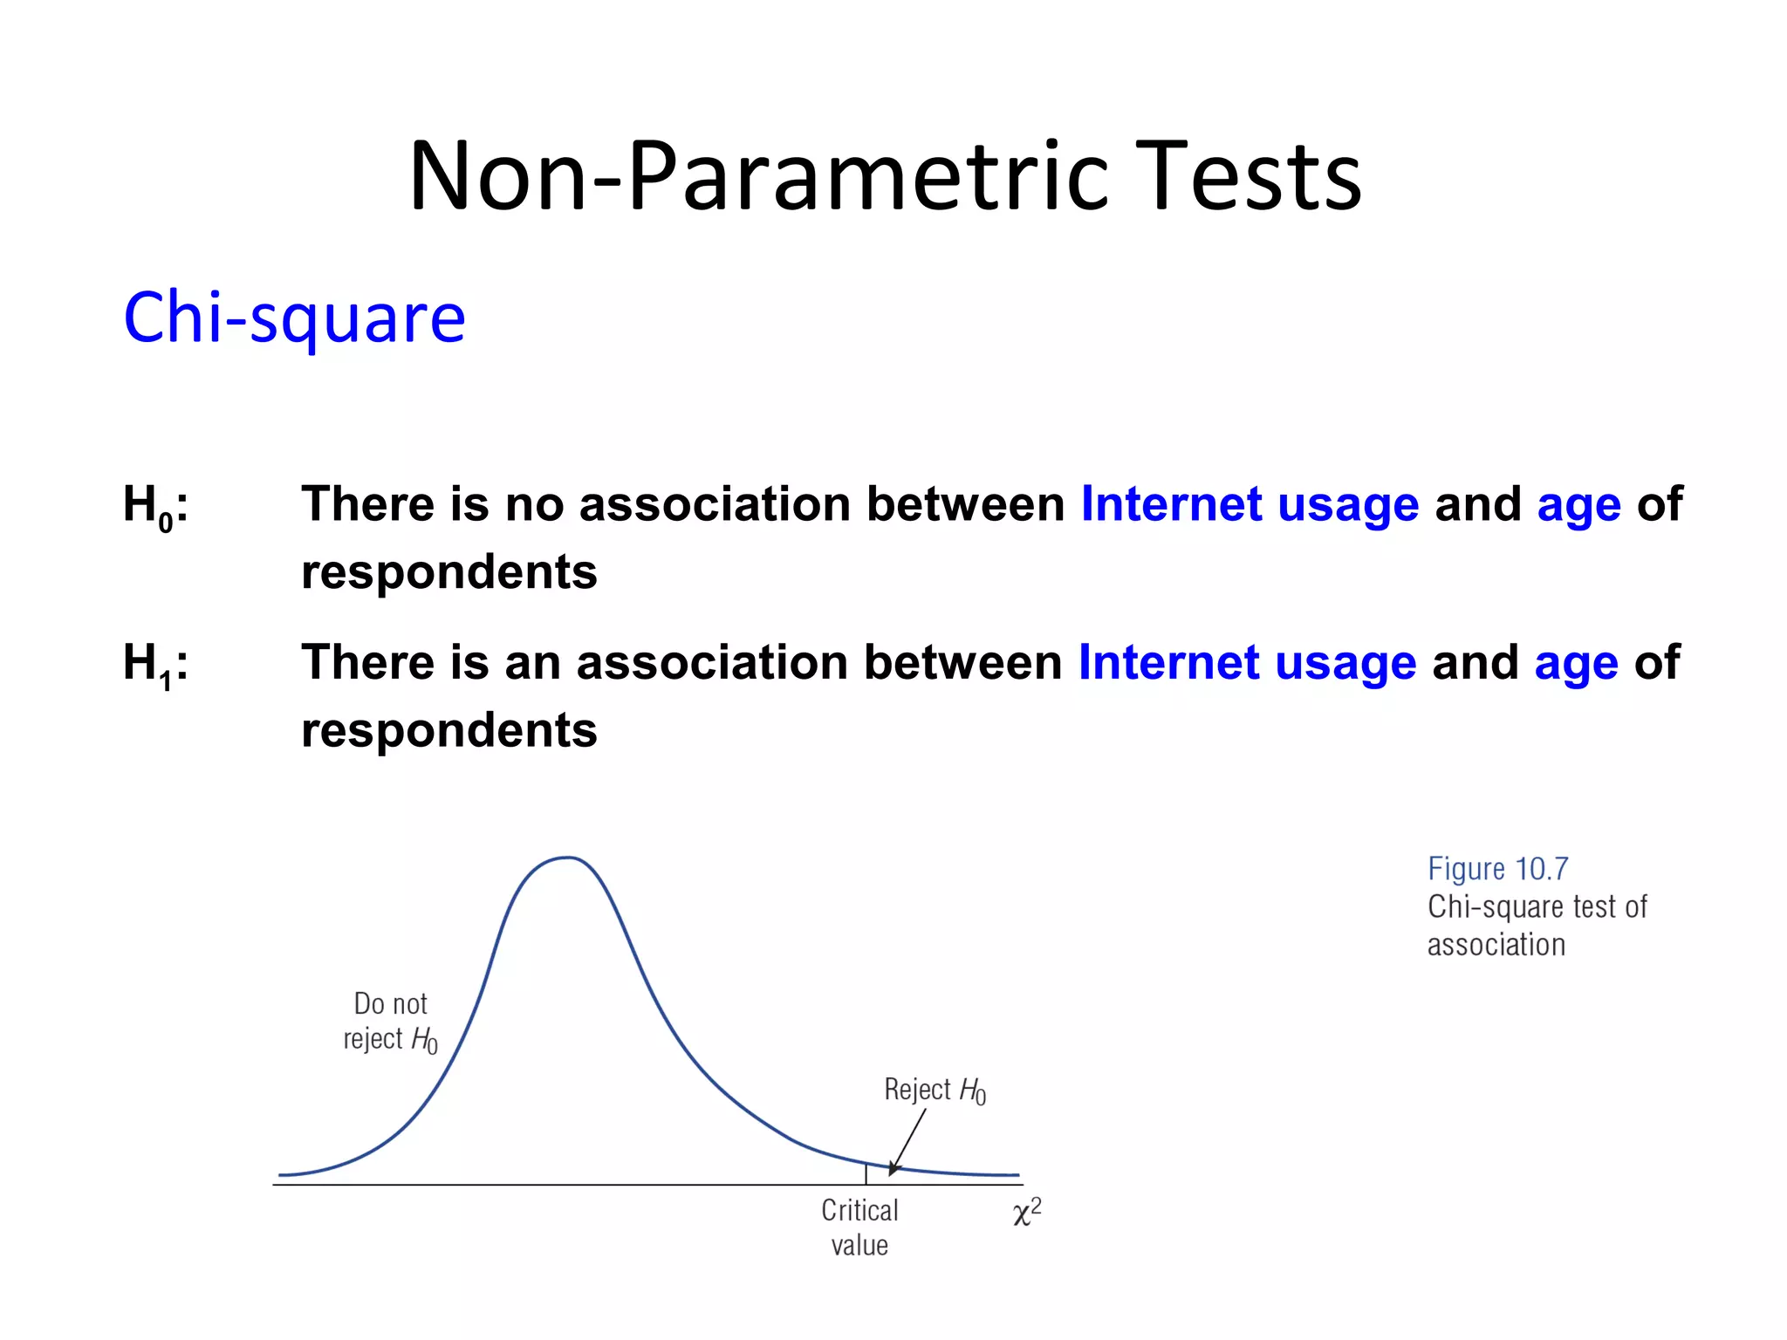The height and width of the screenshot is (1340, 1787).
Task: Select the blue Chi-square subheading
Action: (294, 318)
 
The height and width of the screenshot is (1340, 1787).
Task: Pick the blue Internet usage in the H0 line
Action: (1250, 505)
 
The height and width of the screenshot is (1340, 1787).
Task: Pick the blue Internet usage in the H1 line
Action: (1247, 663)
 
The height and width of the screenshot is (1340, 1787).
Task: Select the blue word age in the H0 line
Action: (1578, 507)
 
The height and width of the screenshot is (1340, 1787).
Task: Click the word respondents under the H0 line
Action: (448, 572)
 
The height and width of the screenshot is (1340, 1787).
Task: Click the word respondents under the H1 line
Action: (448, 730)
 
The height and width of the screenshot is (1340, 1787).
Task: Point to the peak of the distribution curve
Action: (568, 858)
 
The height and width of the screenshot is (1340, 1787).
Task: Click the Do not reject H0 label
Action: (390, 1022)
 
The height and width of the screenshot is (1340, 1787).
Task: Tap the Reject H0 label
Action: (935, 1090)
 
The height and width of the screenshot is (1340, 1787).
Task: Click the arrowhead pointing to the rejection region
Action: (893, 1170)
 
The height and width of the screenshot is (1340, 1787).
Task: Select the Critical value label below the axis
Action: (859, 1227)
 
